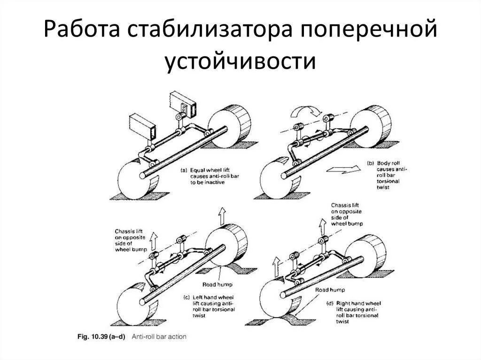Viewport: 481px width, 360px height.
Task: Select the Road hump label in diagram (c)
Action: pos(217,284)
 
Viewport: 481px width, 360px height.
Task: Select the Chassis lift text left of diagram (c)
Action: pos(131,240)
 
